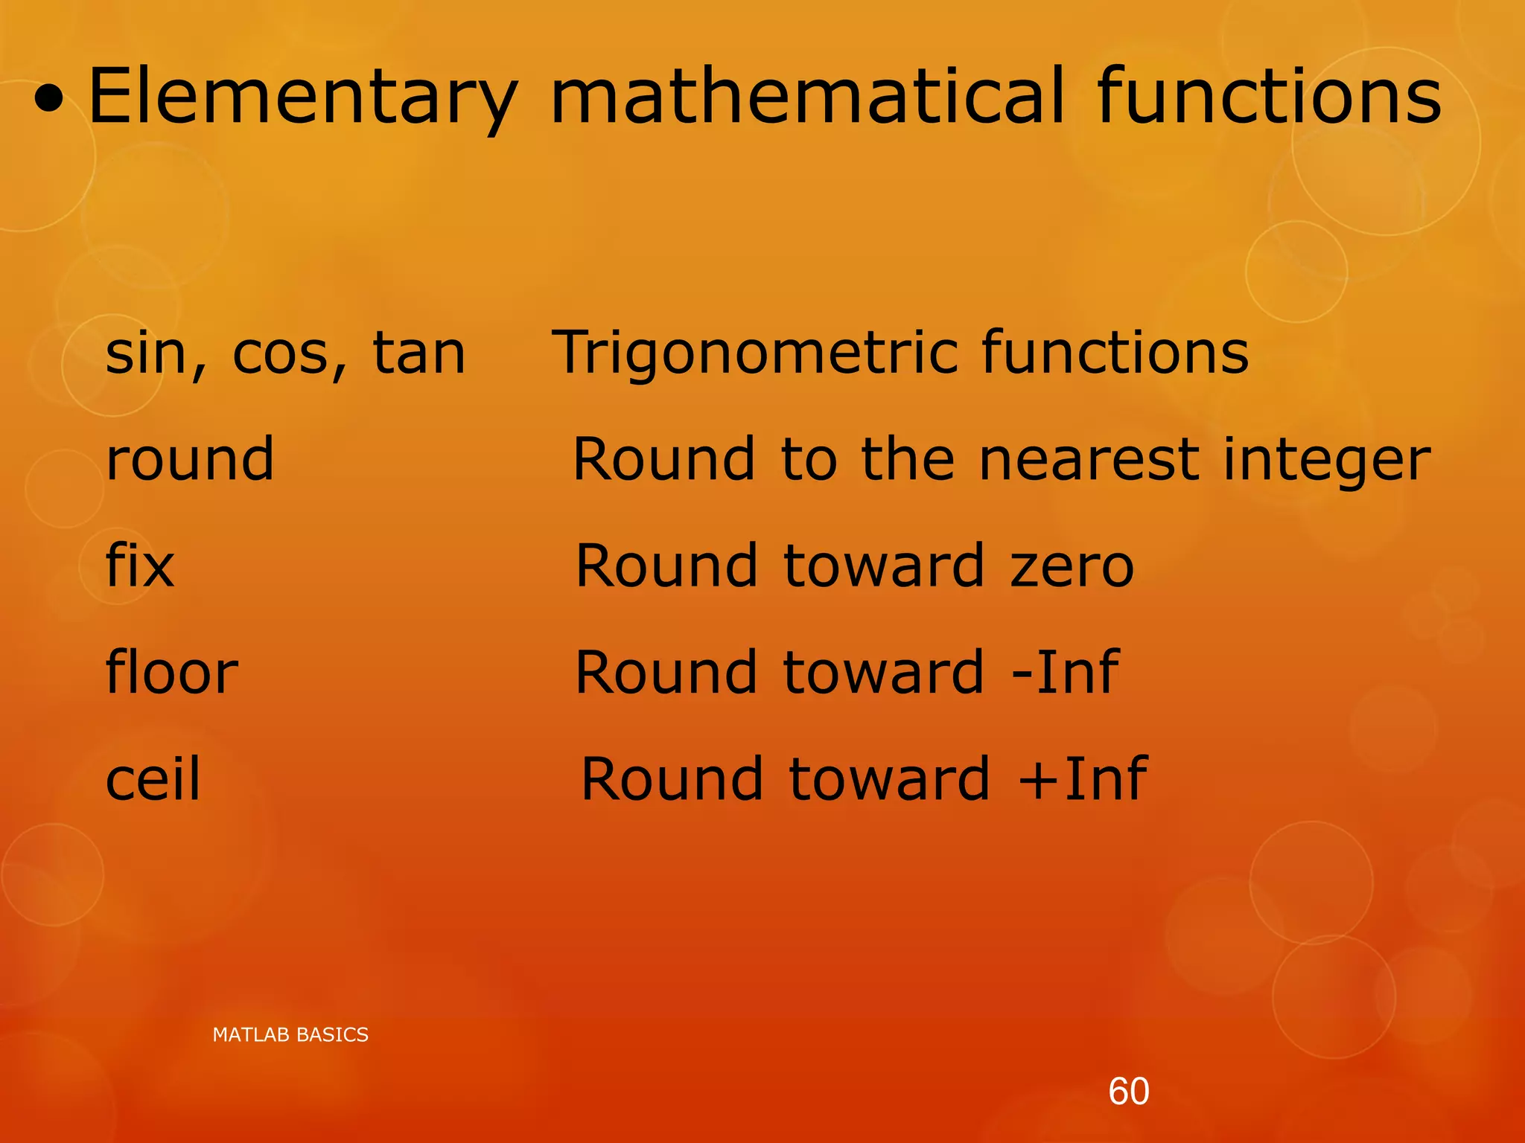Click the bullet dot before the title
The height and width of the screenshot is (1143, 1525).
pyautogui.click(x=49, y=105)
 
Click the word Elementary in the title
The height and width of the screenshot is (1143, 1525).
pyautogui.click(x=302, y=97)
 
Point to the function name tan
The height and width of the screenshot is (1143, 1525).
pyautogui.click(x=418, y=353)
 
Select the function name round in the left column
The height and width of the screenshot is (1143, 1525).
pyautogui.click(x=190, y=459)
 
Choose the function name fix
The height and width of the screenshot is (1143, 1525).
pyautogui.click(x=140, y=566)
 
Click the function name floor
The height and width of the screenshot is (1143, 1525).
pyautogui.click(x=172, y=672)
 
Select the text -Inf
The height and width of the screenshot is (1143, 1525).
pyautogui.click(x=1065, y=672)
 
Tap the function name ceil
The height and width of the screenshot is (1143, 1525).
pyautogui.click(x=153, y=779)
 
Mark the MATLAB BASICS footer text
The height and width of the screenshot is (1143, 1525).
pyautogui.click(x=290, y=1035)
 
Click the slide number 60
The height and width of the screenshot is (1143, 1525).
pyautogui.click(x=1128, y=1092)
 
